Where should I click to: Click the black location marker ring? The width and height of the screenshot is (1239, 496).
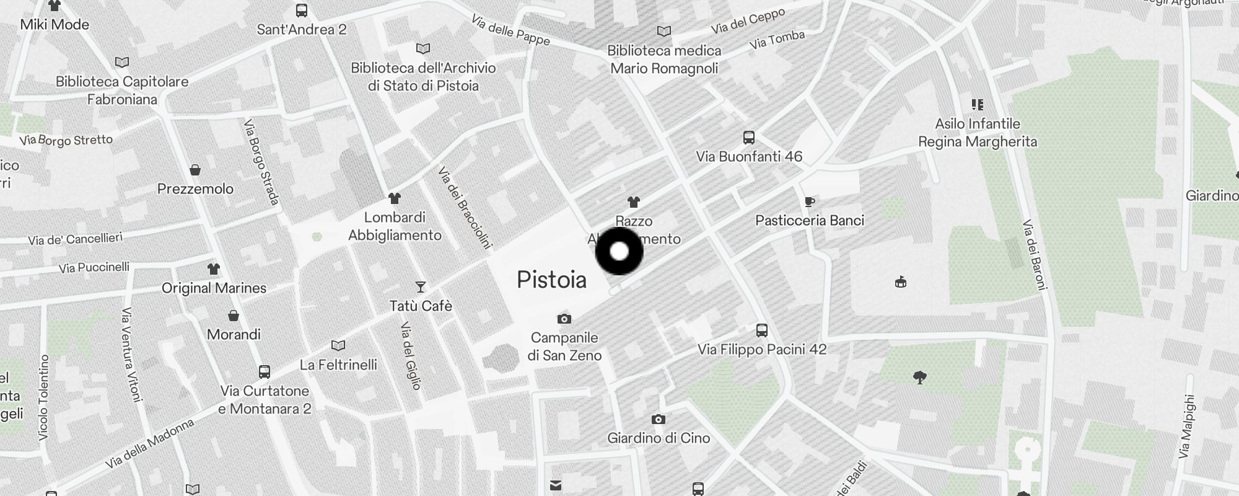pos(619,251)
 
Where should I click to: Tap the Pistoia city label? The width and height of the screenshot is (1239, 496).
pos(551,280)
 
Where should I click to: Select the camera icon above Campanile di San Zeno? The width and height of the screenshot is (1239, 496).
pos(564,319)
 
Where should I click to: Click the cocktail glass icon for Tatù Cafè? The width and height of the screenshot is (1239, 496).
pos(421,286)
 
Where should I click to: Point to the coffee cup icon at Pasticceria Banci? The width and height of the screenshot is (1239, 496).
pos(810,201)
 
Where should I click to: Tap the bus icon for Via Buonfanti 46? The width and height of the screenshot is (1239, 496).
pos(748,137)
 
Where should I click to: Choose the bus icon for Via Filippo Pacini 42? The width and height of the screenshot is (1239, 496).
pos(762,330)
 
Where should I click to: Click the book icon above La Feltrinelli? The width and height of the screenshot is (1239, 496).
pos(338,345)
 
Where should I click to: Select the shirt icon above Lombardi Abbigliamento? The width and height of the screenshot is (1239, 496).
pos(395,198)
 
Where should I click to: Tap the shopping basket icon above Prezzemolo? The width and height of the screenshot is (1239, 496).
pos(195,170)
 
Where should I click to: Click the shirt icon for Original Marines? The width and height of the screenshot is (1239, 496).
pos(214,269)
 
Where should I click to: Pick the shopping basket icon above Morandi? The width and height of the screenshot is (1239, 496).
pos(234,316)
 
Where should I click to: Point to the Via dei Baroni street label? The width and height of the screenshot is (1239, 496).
pos(1035,254)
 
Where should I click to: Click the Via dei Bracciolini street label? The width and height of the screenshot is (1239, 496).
pos(465,207)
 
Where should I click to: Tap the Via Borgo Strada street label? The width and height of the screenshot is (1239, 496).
pos(261,162)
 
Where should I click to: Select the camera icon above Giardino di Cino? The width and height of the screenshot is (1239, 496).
pos(659,420)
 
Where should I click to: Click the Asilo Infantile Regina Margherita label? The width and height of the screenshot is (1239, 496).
pos(977,133)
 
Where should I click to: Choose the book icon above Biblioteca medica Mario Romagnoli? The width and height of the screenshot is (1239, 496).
pos(664,31)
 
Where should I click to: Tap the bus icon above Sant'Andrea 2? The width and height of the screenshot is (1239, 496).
pos(302,11)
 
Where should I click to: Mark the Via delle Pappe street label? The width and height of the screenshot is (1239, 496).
pos(510,30)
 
